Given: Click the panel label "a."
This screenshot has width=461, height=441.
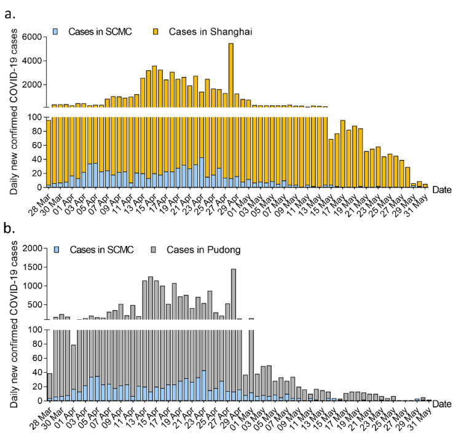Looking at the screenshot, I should pyautogui.click(x=11, y=11).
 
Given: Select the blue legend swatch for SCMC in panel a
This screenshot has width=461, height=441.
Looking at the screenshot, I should pyautogui.click(x=55, y=30).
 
